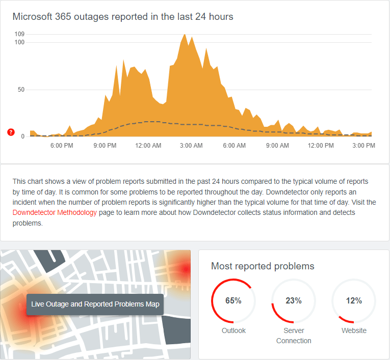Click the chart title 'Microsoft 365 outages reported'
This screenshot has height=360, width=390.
coord(122,17)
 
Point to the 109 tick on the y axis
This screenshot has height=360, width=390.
coord(20,34)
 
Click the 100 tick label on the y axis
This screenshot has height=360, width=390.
coord(20,42)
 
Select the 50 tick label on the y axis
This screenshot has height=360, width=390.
coord(21,90)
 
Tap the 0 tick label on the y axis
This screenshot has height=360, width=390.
coord(23,136)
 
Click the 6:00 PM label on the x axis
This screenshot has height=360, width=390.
coord(62,146)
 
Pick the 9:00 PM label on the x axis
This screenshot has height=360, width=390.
coord(105,146)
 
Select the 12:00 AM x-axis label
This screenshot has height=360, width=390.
coord(148,146)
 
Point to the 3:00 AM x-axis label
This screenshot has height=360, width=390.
coord(191,146)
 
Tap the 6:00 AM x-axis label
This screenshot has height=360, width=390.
coord(235,146)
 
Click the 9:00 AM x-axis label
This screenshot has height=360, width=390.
coord(278,146)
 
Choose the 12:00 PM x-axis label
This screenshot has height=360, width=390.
coord(321,146)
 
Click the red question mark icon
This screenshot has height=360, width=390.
coord(11,132)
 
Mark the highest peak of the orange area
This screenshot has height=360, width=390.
coord(184,35)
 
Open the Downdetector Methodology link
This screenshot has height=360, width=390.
coord(55,213)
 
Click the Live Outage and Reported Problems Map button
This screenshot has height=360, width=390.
coord(95,304)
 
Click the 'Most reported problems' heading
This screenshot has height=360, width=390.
coord(263,266)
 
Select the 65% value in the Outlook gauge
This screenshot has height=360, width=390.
coord(233,300)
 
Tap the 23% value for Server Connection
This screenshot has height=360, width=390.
coord(294,300)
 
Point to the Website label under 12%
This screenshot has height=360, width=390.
coord(354,330)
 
